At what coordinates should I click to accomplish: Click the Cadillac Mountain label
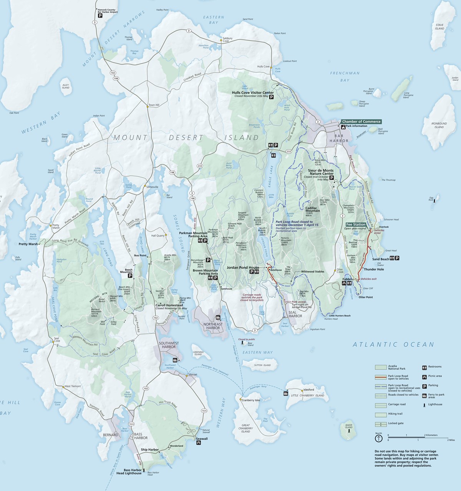pyautogui.click(x=312, y=209)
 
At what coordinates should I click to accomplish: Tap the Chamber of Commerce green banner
pyautogui.click(x=361, y=121)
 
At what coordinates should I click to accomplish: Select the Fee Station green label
pyautogui.click(x=356, y=224)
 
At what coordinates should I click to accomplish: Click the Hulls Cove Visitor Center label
pyautogui.click(x=253, y=93)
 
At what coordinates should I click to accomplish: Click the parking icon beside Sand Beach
pyautogui.click(x=397, y=258)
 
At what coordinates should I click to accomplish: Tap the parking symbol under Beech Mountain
pyautogui.click(x=130, y=276)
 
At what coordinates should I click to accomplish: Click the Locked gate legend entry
pyautogui.click(x=395, y=423)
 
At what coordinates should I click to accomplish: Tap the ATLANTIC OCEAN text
pyautogui.click(x=393, y=345)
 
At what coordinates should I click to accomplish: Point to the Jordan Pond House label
pyautogui.click(x=242, y=267)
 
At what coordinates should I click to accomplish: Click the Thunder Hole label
pyautogui.click(x=374, y=269)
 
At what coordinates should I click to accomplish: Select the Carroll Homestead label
pyautogui.click(x=169, y=305)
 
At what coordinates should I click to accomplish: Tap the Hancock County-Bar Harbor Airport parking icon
pyautogui.click(x=100, y=16)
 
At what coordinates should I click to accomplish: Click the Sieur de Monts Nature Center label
pyautogui.click(x=321, y=172)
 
